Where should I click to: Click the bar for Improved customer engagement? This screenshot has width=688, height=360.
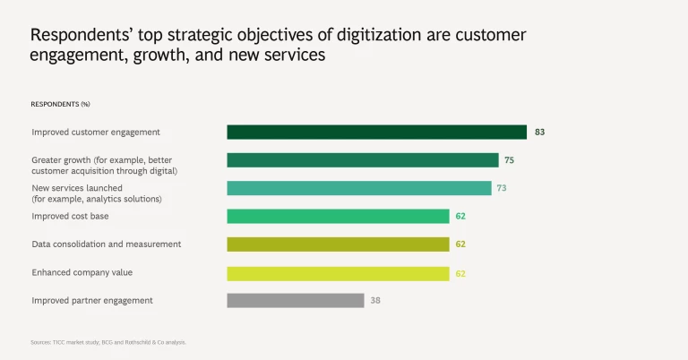(376, 133)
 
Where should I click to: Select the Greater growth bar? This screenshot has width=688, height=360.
(362, 160)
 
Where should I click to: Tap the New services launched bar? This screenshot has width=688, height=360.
(358, 188)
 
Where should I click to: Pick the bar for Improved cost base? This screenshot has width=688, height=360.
(338, 216)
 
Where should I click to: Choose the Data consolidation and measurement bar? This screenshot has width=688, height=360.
(338, 244)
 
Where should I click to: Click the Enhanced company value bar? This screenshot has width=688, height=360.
(338, 273)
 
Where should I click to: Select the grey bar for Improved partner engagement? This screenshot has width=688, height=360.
(295, 301)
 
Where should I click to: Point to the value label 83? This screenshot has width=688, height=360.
(539, 133)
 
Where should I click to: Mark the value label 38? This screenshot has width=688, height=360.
(375, 301)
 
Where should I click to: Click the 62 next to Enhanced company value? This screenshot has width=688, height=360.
(460, 273)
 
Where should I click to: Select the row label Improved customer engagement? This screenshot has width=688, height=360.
(96, 133)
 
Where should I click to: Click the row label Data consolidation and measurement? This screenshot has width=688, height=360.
(107, 244)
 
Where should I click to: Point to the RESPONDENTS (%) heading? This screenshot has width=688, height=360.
(60, 104)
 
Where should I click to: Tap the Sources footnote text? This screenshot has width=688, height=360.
(108, 342)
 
